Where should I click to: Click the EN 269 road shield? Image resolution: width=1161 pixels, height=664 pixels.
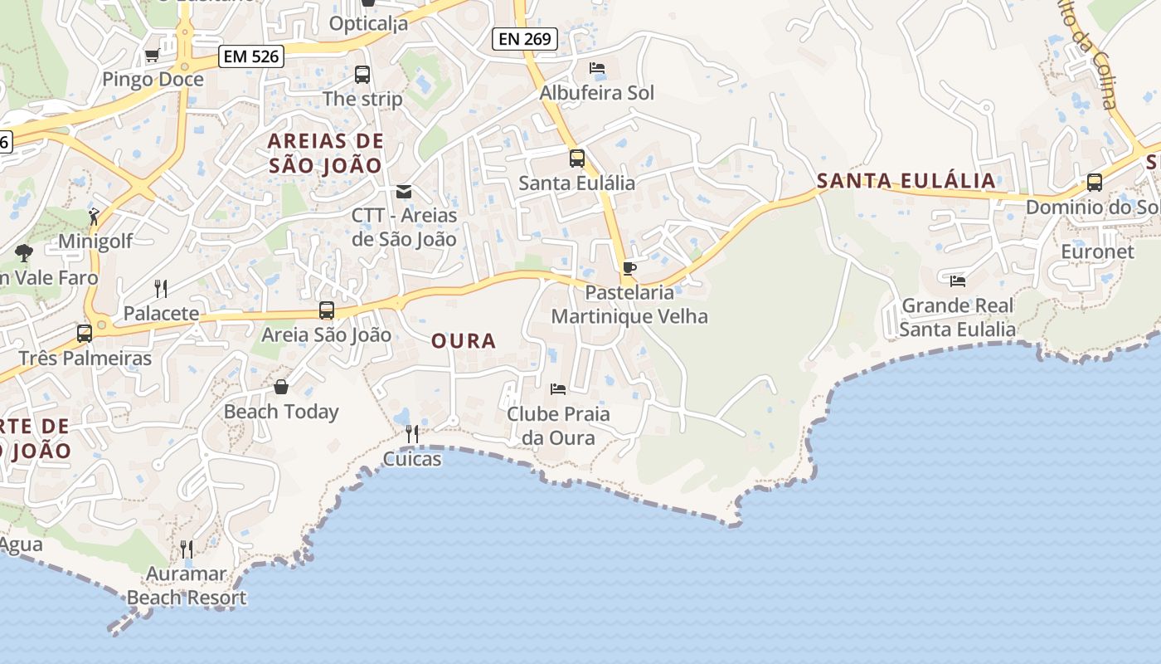coord(524,38)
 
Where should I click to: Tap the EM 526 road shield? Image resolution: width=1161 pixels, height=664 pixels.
coord(251,56)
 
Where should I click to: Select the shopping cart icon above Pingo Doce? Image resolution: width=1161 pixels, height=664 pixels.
coord(152,56)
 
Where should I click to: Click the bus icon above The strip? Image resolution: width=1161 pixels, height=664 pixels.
coord(362,75)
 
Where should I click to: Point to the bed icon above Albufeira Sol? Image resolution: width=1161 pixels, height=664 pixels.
coord(596,68)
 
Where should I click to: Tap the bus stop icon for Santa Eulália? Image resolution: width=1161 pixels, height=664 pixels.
coord(576,159)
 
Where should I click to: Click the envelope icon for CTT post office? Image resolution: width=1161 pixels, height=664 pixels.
coord(404,192)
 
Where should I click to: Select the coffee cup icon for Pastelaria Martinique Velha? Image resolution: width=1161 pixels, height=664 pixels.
coord(629,268)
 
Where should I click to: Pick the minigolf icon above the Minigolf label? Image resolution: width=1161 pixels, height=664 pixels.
coord(95,217)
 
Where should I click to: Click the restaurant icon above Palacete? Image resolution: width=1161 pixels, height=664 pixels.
coord(161,289)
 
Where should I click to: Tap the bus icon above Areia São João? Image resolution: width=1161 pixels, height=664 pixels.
coord(327,310)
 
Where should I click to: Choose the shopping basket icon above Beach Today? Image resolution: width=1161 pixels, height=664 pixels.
coord(281,387)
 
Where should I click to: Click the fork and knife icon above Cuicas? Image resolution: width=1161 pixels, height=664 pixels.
coord(411,434)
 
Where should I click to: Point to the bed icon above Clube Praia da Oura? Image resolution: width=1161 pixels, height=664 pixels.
coord(558,388)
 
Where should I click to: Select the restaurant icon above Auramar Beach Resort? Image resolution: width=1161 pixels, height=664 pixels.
coord(187,549)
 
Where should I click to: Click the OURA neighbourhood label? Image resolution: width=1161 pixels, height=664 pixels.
coord(464,340)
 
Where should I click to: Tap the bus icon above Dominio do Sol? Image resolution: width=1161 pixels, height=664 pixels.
coord(1094,183)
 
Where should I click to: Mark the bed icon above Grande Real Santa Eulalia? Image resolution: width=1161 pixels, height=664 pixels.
coord(958,281)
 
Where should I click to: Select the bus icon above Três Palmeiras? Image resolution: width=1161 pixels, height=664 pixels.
coord(85,334)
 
